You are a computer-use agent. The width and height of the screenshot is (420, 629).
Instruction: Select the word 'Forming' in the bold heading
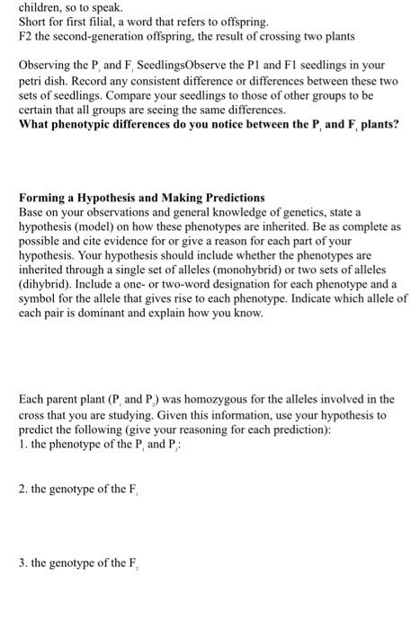click(42, 196)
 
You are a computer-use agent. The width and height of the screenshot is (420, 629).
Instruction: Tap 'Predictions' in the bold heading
click(227, 196)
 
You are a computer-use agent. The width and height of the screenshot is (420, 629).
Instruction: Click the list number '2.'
click(24, 489)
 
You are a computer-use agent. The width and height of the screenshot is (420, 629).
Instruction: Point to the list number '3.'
click(24, 563)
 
